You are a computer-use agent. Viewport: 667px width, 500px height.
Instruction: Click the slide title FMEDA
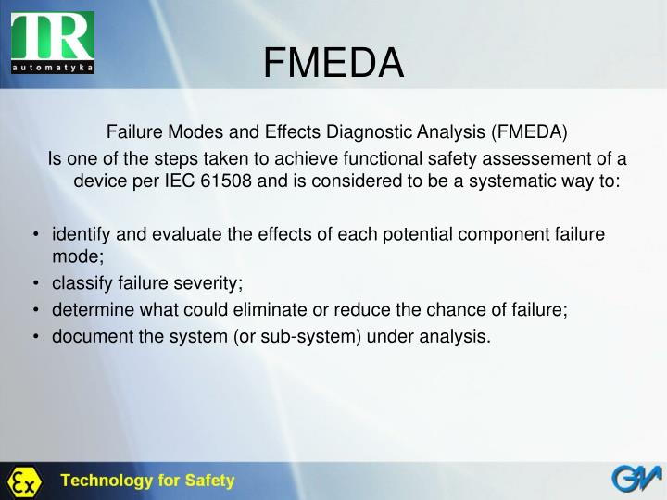coord(333,64)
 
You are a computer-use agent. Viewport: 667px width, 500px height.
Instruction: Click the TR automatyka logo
coord(53,41)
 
